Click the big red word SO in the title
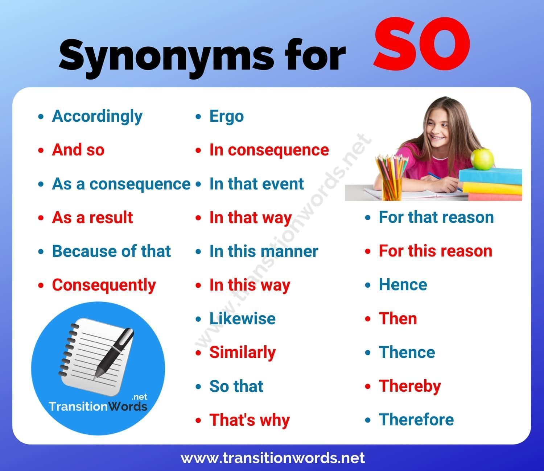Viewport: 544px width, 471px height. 422,44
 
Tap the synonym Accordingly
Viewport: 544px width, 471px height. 97,117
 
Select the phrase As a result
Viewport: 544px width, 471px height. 92,217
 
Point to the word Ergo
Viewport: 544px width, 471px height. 227,117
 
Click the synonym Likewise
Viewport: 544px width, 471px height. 242,318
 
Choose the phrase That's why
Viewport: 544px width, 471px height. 250,420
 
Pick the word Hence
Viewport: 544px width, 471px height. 403,285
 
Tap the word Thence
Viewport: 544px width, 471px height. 407,352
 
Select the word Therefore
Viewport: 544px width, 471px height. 416,420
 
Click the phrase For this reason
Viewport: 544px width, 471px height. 436,251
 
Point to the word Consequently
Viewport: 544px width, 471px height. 104,285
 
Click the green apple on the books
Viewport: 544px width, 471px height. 482,159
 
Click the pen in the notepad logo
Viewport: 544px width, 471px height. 114,352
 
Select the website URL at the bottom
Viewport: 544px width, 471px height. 273,458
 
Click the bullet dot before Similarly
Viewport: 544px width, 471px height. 198,353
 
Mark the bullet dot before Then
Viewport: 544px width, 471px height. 368,319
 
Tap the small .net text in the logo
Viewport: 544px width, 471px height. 139,397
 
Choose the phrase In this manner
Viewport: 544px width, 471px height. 264,251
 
